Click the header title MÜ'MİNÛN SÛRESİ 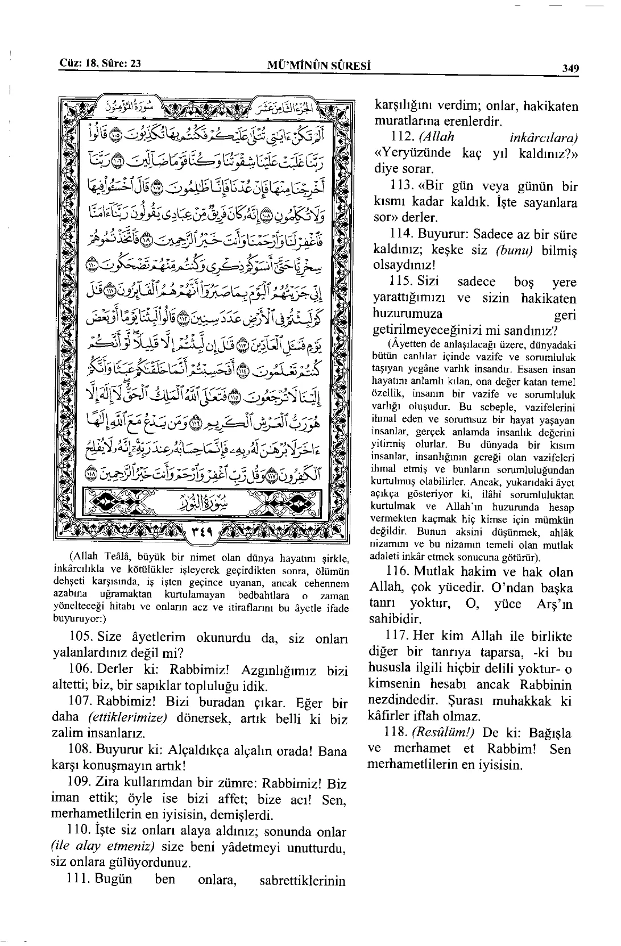click(x=319, y=65)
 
